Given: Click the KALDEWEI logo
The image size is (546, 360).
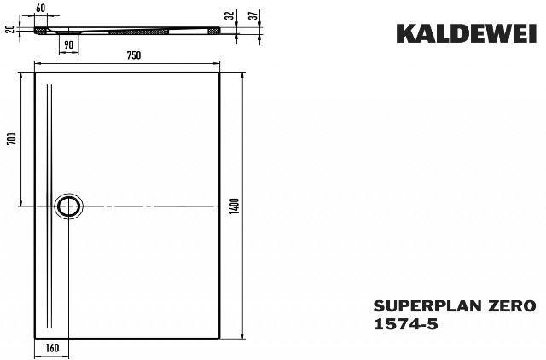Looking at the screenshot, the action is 467,34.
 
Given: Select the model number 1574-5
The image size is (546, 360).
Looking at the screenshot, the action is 406,324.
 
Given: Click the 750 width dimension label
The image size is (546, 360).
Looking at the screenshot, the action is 134,55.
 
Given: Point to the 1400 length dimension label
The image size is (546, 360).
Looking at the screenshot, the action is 235,206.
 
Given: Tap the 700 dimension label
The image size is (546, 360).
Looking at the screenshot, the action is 12,139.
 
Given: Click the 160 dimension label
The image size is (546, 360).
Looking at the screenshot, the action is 52,347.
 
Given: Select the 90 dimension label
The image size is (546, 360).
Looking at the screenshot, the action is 68,44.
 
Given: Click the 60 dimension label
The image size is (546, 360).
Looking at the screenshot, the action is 41,8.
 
